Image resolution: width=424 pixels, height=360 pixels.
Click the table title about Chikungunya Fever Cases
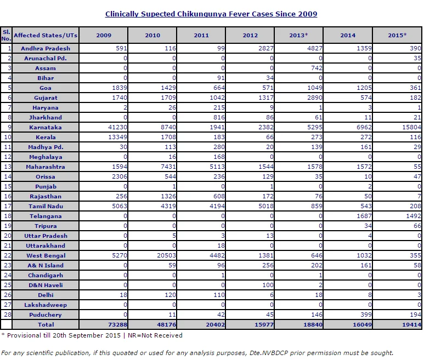[211, 14]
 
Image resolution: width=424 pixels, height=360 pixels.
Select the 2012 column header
[250, 35]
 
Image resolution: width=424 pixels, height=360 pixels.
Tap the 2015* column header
[397, 35]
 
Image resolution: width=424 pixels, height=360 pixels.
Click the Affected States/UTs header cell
[46, 35]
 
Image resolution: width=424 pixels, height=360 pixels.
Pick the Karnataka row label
[46, 127]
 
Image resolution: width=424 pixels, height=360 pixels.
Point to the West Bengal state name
[46, 255]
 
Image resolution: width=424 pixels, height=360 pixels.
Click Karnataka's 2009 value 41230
[117, 127]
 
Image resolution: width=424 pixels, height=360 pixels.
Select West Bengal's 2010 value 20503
[166, 255]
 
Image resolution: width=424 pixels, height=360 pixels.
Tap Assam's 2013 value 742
[316, 68]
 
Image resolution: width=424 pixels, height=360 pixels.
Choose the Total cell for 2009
[117, 324]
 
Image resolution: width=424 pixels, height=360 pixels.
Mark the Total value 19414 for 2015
[411, 324]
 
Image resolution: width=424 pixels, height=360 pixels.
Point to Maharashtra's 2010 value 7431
[168, 167]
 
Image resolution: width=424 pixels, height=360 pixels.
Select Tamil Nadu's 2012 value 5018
[266, 206]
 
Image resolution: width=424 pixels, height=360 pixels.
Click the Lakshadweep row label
[46, 305]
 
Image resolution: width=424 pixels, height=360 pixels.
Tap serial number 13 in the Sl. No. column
[8, 167]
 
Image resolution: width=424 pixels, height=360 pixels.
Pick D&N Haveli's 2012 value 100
[268, 285]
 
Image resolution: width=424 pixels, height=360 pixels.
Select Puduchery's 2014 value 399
[366, 315]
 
